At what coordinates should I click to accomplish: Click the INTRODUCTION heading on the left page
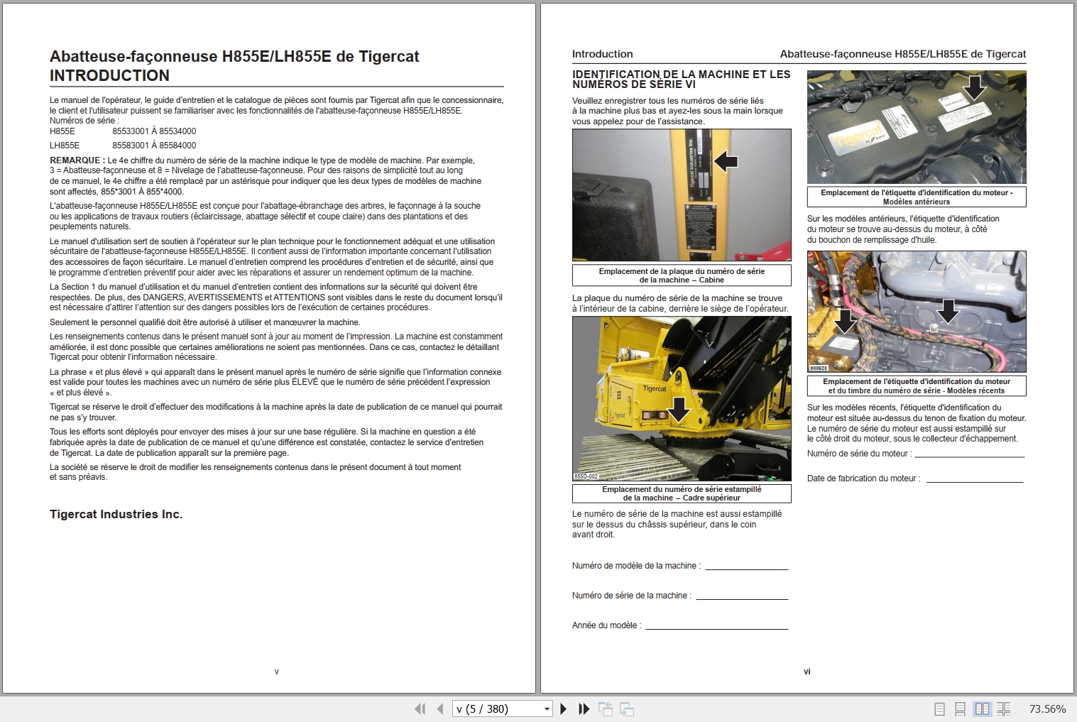tap(109, 76)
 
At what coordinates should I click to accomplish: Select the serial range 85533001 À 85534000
tap(154, 131)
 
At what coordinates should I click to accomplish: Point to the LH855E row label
tap(65, 146)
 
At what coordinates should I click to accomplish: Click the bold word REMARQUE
tap(77, 160)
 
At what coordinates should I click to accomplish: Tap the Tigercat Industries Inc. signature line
tap(116, 515)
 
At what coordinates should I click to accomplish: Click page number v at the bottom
tap(276, 672)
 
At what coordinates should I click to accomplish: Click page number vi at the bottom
tap(807, 672)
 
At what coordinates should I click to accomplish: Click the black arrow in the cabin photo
tap(726, 162)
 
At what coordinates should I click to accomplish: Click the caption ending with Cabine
tap(682, 275)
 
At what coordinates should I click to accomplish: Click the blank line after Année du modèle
tap(716, 625)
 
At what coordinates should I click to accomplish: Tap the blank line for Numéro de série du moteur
tap(969, 454)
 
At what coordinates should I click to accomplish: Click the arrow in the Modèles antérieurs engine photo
tap(975, 88)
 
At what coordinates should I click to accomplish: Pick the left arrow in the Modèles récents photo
tap(845, 322)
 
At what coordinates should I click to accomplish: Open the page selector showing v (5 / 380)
tap(502, 709)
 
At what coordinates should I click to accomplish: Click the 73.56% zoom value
tap(1047, 709)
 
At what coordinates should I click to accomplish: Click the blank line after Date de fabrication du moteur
tap(974, 478)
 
